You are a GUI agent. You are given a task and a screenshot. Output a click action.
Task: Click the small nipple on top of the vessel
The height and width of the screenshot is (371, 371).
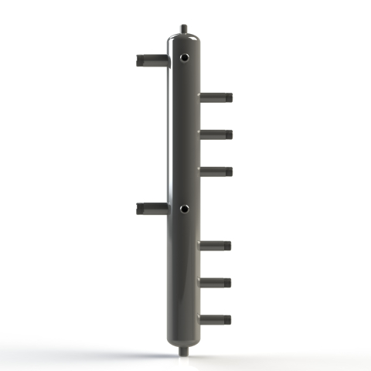coord(183,29)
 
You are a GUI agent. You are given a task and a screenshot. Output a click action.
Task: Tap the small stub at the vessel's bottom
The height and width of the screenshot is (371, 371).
coord(183,352)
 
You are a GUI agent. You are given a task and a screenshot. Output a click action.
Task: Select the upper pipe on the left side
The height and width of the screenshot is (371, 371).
coord(151,59)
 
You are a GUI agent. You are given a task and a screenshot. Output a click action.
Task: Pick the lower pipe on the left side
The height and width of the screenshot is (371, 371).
coord(151,207)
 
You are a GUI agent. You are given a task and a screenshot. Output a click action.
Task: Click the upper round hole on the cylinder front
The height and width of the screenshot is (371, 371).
coord(184,56)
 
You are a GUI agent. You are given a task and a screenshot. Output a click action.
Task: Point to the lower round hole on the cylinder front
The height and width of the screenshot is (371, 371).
coord(184,208)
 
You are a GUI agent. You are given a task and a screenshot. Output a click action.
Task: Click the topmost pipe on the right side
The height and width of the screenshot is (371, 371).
coord(216,97)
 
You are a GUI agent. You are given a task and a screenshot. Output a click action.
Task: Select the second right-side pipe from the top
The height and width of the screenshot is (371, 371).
coord(216,134)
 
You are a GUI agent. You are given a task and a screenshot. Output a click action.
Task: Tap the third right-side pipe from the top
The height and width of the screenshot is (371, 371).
coord(216,171)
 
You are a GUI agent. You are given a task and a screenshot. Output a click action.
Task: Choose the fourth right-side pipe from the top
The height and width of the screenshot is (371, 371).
coord(216,246)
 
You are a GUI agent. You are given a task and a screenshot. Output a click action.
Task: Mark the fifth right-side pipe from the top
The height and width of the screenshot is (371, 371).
coord(216,282)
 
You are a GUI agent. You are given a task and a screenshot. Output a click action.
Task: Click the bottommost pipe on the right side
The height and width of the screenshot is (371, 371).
coord(216,318)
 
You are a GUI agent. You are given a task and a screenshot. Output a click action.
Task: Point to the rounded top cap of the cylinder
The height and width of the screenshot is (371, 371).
coord(183,39)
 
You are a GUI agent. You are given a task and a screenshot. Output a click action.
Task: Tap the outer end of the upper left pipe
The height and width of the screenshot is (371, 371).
coord(138,59)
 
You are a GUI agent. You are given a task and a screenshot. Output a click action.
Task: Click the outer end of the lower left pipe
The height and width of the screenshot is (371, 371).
coord(138,207)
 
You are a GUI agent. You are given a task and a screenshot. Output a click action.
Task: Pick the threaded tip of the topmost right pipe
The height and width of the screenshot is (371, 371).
coord(228,97)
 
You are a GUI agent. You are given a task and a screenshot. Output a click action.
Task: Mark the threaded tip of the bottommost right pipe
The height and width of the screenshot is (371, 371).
coord(228,318)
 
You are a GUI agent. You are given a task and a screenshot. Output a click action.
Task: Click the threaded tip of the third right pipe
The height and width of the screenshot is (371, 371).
coord(228,171)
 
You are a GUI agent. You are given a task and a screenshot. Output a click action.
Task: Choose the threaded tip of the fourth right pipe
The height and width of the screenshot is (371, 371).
coord(228,246)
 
